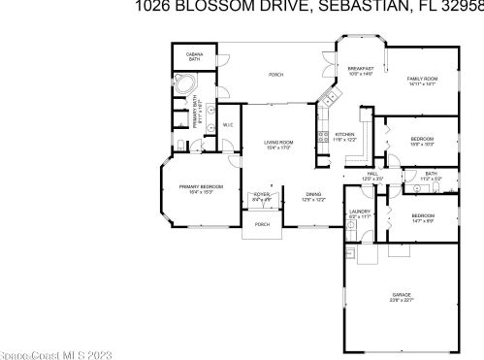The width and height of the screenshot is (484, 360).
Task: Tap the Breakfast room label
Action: tap(361, 71)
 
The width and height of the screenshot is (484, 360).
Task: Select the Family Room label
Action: tap(422, 82)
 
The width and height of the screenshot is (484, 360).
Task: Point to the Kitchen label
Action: tap(344, 136)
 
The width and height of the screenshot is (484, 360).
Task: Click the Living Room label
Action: tap(279, 146)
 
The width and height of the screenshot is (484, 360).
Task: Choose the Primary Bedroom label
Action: tap(201, 187)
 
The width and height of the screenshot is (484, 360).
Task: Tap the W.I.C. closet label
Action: tap(228, 125)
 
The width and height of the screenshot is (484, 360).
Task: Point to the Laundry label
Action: tap(361, 213)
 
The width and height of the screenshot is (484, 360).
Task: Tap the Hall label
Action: tap(372, 177)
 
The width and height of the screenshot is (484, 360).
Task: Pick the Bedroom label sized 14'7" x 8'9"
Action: tap(422, 216)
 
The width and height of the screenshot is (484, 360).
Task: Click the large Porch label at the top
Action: tap(276, 75)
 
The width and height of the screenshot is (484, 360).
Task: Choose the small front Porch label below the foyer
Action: tap(262, 224)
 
